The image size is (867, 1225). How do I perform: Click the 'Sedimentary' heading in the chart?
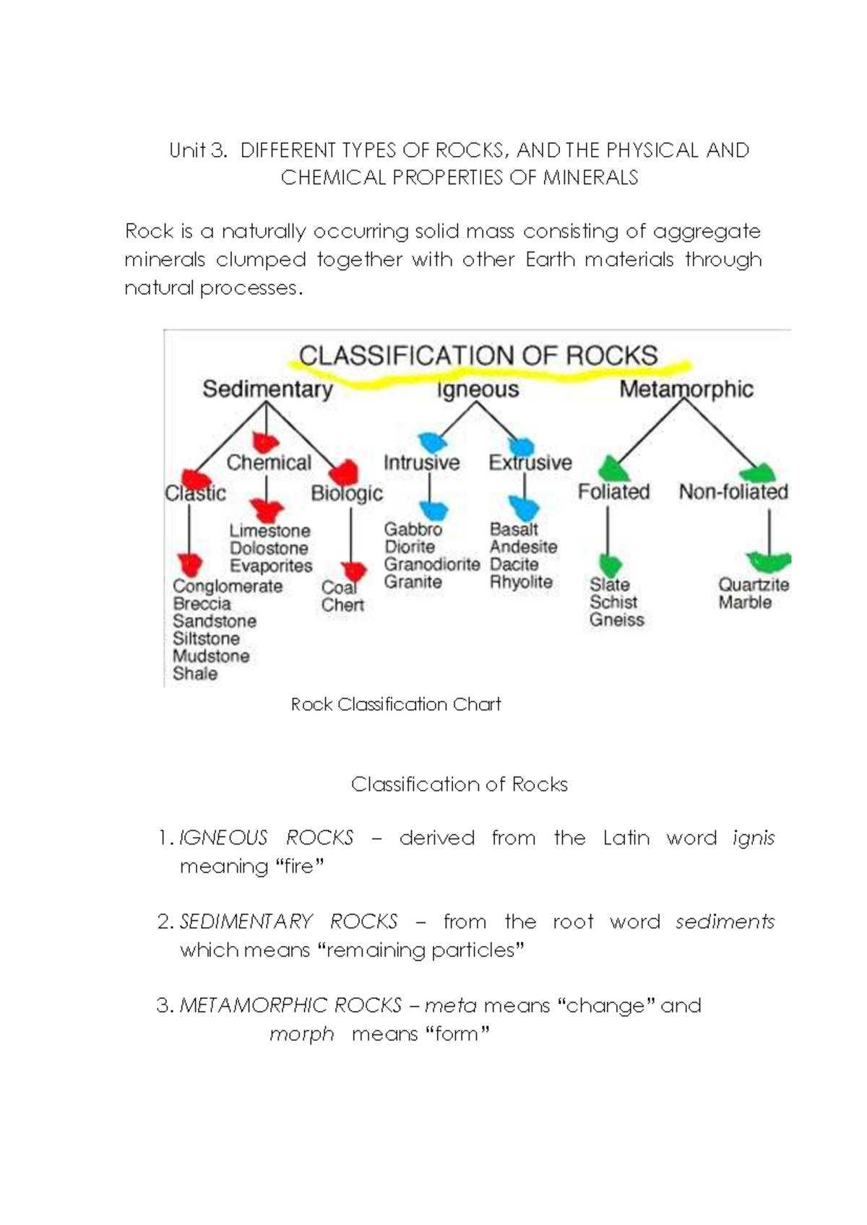pyautogui.click(x=267, y=389)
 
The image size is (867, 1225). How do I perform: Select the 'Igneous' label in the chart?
pyautogui.click(x=478, y=390)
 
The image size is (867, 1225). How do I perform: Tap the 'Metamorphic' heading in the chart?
pyautogui.click(x=686, y=389)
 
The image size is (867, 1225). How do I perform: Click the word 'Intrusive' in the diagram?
pyautogui.click(x=421, y=463)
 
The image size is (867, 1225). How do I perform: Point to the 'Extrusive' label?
pyautogui.click(x=530, y=463)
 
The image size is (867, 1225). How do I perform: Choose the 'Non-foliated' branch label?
pyautogui.click(x=733, y=492)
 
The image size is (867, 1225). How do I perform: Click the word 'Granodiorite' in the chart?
pyautogui.click(x=431, y=564)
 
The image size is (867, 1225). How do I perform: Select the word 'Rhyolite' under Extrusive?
pyautogui.click(x=521, y=582)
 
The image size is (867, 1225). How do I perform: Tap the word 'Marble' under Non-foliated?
pyautogui.click(x=744, y=602)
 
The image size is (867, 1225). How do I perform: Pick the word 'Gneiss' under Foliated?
pyautogui.click(x=616, y=620)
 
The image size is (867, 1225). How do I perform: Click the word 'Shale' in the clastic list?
pyautogui.click(x=194, y=674)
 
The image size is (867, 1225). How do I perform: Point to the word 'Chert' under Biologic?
pyautogui.click(x=342, y=605)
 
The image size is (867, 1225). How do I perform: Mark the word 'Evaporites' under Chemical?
pyautogui.click(x=271, y=566)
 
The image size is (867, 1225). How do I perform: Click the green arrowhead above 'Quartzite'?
pyautogui.click(x=769, y=561)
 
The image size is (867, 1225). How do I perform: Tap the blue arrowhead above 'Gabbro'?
pyautogui.click(x=433, y=510)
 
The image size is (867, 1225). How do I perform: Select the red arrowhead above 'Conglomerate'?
pyautogui.click(x=189, y=563)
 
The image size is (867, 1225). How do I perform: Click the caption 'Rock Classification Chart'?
pyautogui.click(x=395, y=704)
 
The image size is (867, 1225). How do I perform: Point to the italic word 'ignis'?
pyautogui.click(x=753, y=838)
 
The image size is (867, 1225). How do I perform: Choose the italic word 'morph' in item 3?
pyautogui.click(x=301, y=1034)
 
